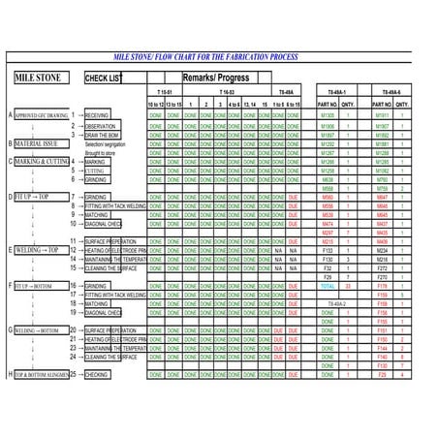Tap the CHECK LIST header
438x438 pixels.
point(104,78)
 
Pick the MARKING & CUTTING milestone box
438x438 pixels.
point(42,161)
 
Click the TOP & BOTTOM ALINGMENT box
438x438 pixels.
point(44,373)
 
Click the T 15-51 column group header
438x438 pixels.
point(164,91)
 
